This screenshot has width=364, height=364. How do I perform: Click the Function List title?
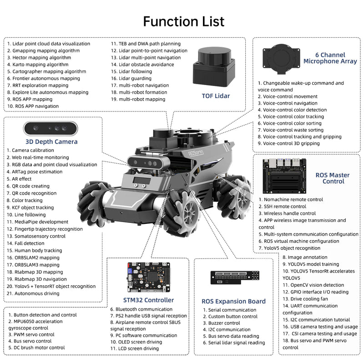click(x=183, y=21)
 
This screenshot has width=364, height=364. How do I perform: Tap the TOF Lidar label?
click(x=216, y=96)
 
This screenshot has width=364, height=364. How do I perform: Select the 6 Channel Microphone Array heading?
click(x=329, y=58)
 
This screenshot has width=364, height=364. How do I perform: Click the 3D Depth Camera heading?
click(x=51, y=142)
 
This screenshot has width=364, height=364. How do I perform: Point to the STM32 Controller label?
click(x=148, y=300)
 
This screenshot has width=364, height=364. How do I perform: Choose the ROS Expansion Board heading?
click(x=233, y=301)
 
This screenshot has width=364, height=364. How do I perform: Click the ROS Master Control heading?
click(x=332, y=178)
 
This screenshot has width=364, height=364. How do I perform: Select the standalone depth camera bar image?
click(x=51, y=128)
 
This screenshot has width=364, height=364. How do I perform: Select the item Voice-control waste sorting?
click(x=293, y=130)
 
